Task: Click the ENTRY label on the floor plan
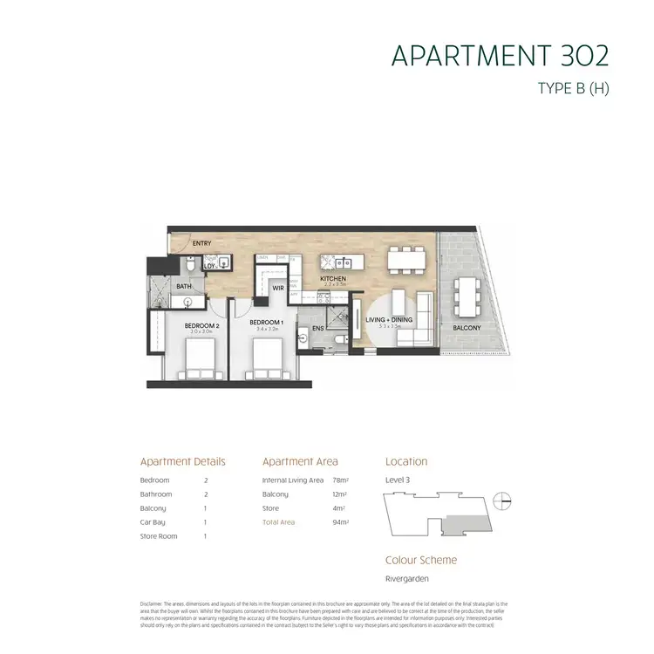click(202, 243)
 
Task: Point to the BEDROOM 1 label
click(263, 323)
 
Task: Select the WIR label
click(277, 287)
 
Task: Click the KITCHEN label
click(333, 279)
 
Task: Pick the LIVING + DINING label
click(390, 320)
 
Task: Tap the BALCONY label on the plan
click(467, 328)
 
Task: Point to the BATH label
click(184, 286)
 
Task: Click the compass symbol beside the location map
click(501, 500)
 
